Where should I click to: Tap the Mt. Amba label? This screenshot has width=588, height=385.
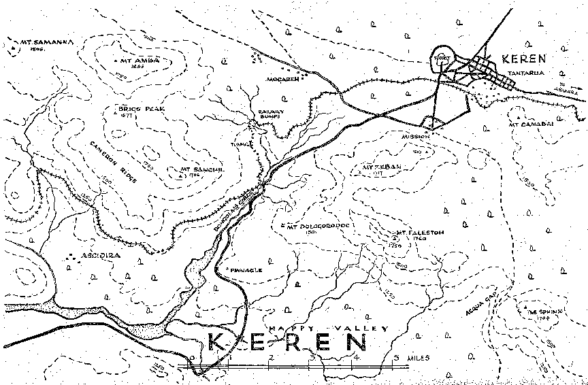(140, 61)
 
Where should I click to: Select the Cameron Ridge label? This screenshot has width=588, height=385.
(114, 161)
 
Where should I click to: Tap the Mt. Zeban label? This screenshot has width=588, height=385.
(374, 166)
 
